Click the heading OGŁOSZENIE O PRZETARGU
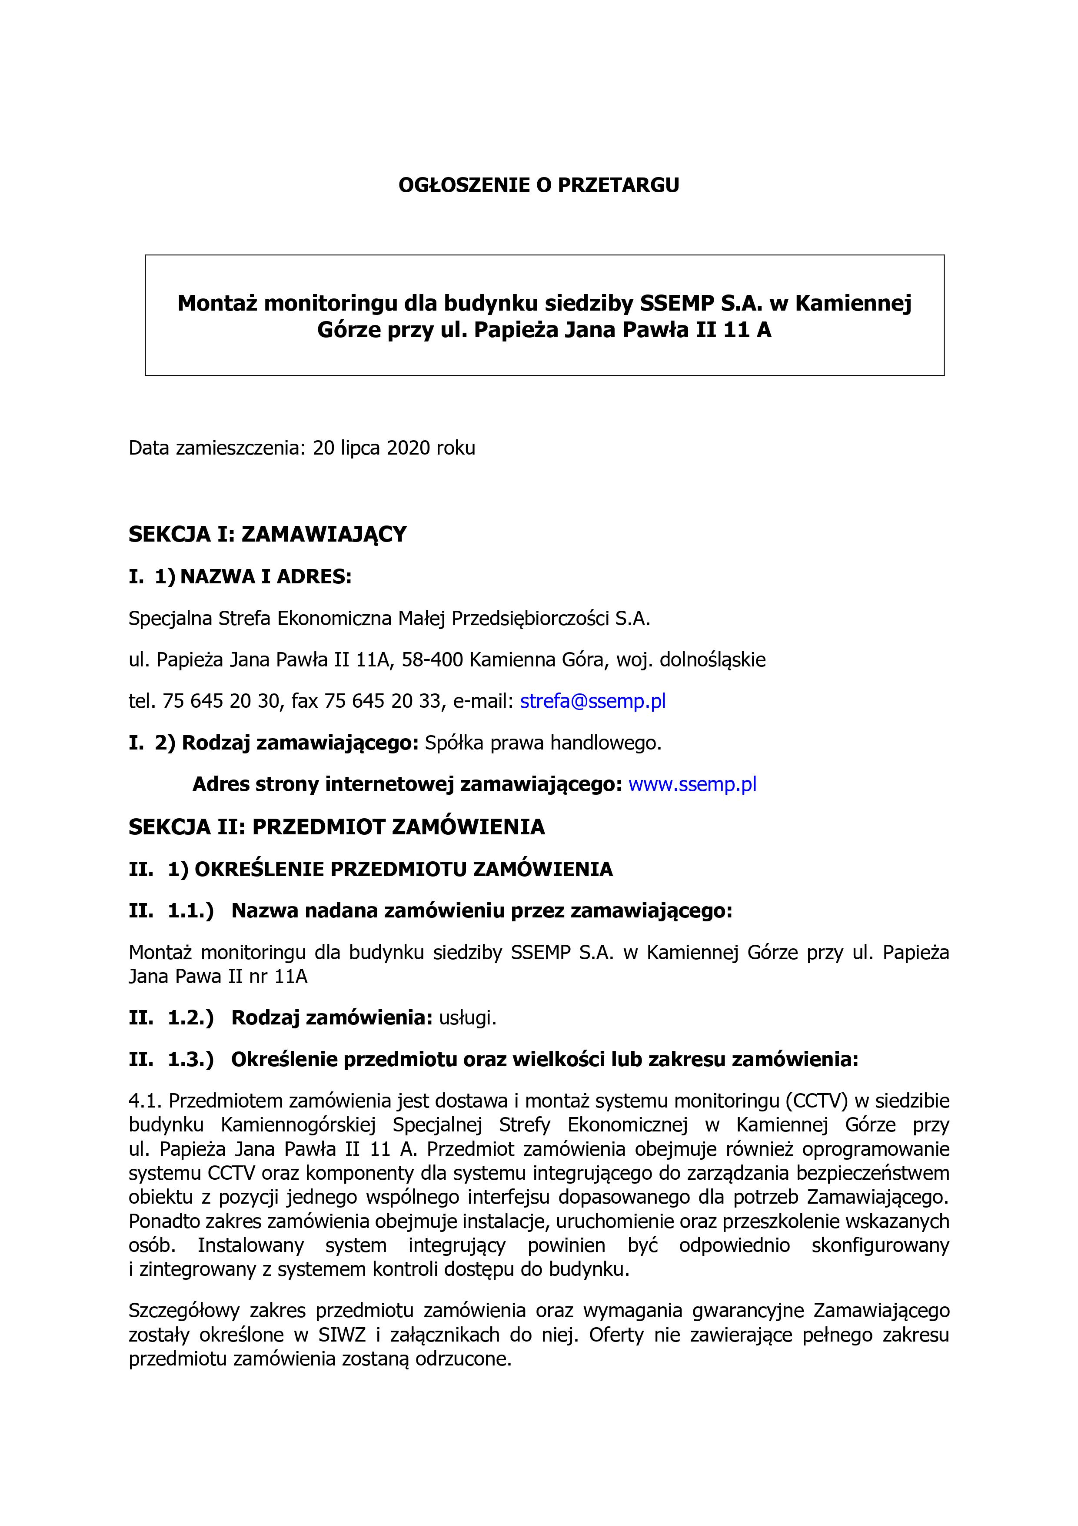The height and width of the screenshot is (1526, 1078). tap(539, 185)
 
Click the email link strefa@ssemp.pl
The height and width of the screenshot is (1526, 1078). tap(592, 701)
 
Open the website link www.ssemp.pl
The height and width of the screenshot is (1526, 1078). tap(692, 784)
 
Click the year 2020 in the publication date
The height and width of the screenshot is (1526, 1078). tap(409, 448)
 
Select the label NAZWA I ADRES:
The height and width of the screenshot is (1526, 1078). tap(266, 577)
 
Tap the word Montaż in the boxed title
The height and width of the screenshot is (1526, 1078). tap(217, 303)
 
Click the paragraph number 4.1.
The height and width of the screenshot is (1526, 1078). tap(146, 1101)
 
